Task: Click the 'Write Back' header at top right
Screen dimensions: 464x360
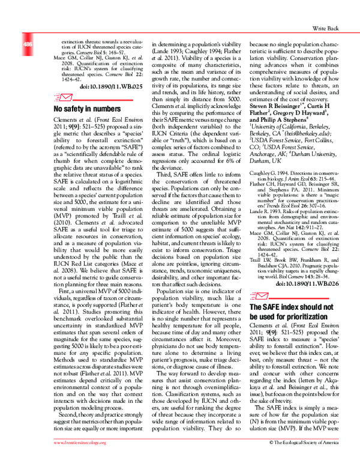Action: pos(328,28)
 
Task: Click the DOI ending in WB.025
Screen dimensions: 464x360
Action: pos(120,86)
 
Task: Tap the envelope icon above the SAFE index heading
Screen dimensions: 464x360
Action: pos(258,295)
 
